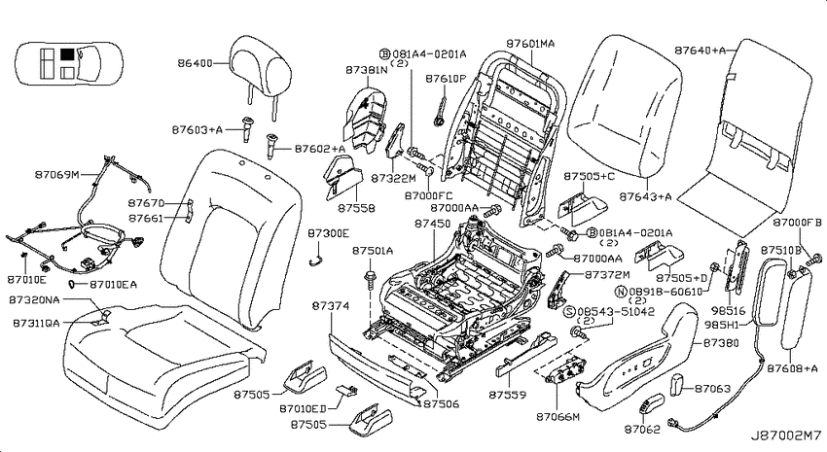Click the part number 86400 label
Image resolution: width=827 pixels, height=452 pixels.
click(x=195, y=63)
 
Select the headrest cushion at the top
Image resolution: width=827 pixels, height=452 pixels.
click(x=261, y=66)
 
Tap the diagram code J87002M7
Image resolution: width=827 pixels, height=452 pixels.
click(x=786, y=436)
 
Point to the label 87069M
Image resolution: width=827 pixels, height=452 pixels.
click(x=57, y=174)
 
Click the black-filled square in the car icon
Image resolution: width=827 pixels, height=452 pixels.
click(x=66, y=53)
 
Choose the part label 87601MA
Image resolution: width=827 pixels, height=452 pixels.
click(x=530, y=44)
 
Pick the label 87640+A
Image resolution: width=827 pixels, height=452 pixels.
click(x=700, y=50)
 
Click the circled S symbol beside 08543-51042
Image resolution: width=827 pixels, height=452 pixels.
click(x=569, y=311)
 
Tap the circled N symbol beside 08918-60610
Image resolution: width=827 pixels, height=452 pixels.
click(x=621, y=292)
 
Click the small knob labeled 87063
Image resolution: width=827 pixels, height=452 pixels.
click(x=677, y=385)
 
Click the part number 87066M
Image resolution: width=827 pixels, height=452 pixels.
click(x=558, y=417)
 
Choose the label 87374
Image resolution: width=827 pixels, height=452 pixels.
click(x=330, y=305)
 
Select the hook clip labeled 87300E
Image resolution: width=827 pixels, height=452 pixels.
click(x=315, y=258)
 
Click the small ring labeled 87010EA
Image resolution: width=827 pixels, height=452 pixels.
click(x=71, y=285)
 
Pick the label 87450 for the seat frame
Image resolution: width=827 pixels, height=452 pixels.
click(x=433, y=224)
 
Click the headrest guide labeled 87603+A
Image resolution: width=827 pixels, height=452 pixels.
click(x=246, y=128)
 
